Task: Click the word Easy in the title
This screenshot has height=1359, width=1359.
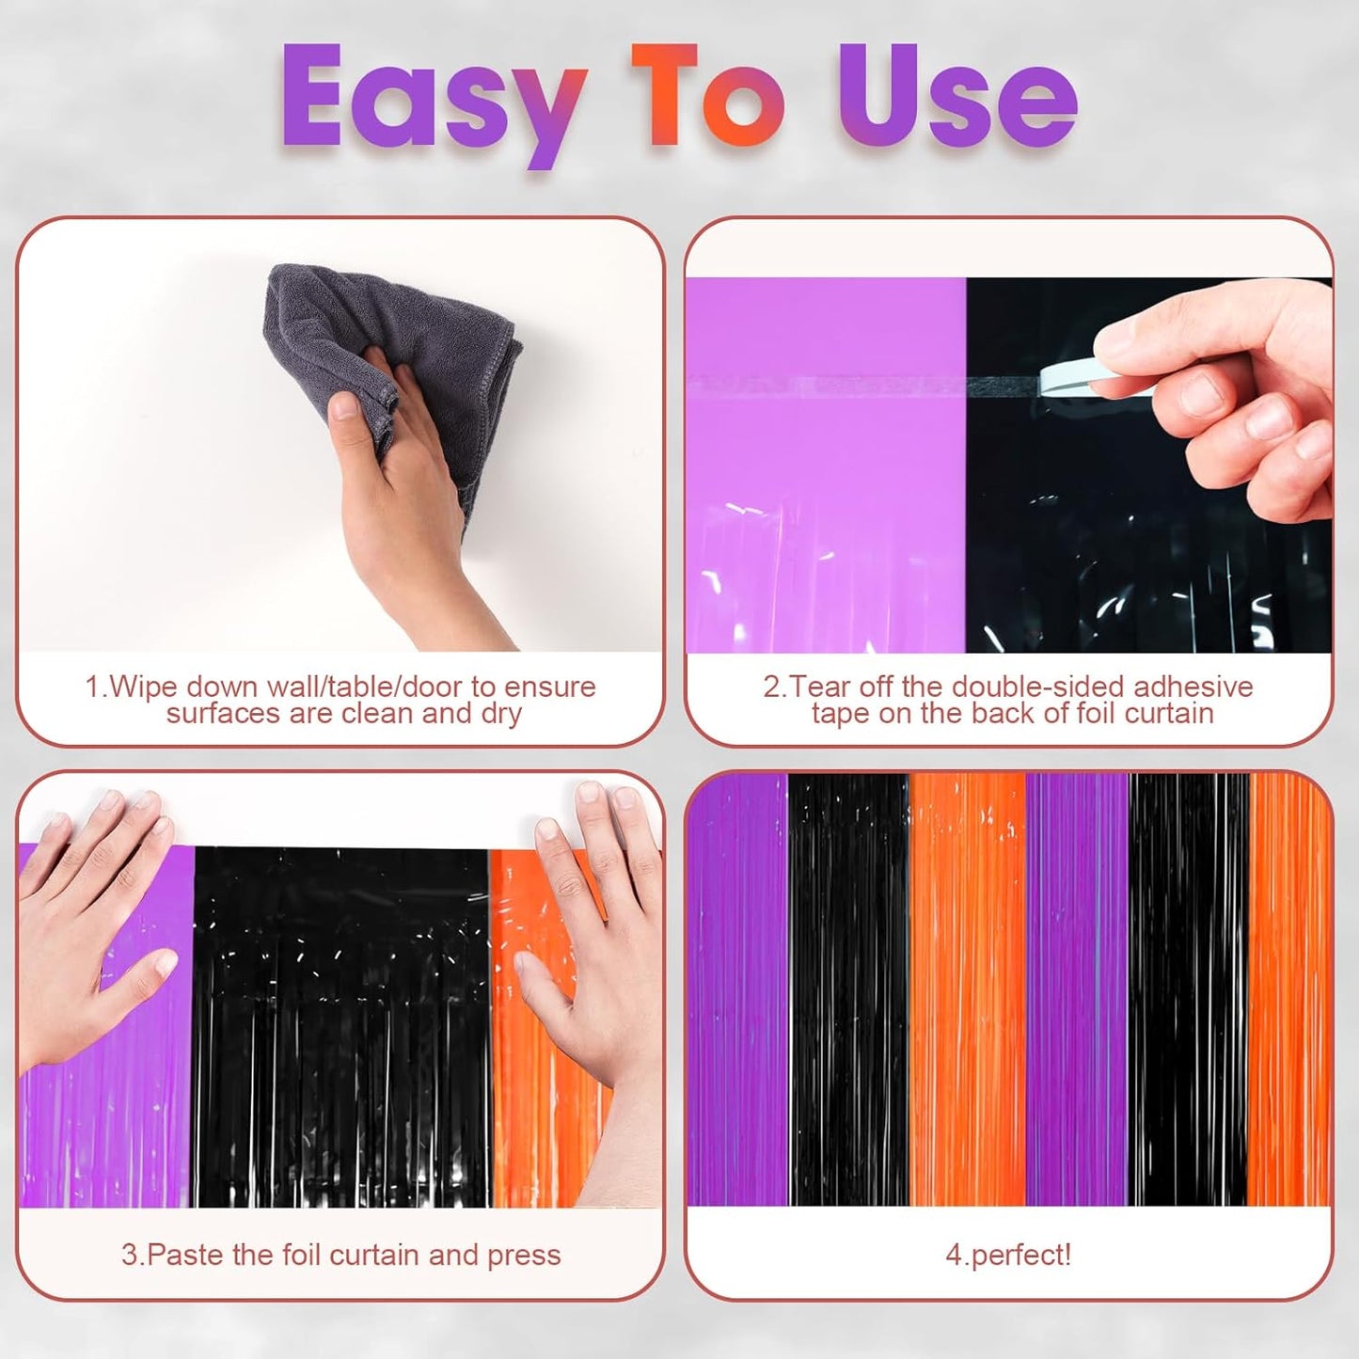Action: (x=428, y=99)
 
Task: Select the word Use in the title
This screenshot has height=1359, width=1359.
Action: (x=957, y=99)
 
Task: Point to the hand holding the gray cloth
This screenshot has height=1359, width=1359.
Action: (x=414, y=508)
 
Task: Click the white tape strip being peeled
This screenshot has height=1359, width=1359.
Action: (x=1072, y=378)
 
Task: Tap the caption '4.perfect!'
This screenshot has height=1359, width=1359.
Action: (x=1008, y=1255)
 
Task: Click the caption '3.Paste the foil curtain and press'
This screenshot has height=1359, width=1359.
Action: (x=340, y=1255)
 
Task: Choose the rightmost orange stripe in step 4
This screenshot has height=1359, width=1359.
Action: (x=1290, y=988)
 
